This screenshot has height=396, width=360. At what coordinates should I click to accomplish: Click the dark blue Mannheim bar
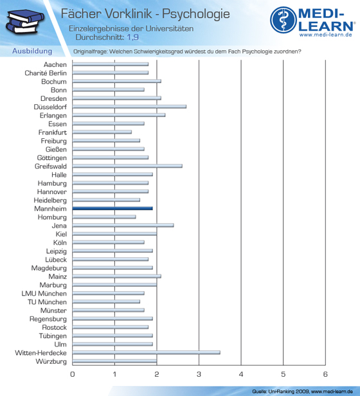click(x=113, y=208)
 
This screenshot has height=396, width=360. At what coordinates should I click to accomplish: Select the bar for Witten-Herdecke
click(x=147, y=352)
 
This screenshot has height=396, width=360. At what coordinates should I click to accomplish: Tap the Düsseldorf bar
click(x=129, y=107)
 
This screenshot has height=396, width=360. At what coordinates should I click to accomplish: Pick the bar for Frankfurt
click(x=102, y=132)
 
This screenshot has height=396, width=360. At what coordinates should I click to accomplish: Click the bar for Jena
click(x=123, y=225)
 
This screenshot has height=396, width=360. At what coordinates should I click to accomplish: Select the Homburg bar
click(x=104, y=217)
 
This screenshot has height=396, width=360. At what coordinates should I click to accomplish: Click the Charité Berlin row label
click(x=46, y=73)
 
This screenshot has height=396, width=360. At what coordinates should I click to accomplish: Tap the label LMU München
click(x=44, y=293)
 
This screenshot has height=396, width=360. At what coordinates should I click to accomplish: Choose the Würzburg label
click(x=51, y=361)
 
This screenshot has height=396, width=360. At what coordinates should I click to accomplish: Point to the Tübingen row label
click(x=53, y=336)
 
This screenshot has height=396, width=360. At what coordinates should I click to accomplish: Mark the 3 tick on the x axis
click(x=199, y=374)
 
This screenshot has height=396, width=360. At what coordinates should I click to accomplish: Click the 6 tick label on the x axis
click(x=325, y=374)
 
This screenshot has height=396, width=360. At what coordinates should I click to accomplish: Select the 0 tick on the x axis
click(x=73, y=374)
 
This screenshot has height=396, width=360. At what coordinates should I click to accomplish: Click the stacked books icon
click(x=24, y=21)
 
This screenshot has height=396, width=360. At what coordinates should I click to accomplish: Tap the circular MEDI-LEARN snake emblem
click(x=283, y=20)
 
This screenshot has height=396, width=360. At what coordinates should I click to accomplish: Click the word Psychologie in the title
click(x=196, y=14)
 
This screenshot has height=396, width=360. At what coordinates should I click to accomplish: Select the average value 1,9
click(x=132, y=37)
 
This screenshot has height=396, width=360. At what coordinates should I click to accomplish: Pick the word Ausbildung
click(x=32, y=51)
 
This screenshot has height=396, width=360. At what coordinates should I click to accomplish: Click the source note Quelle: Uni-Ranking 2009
click(x=281, y=392)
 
